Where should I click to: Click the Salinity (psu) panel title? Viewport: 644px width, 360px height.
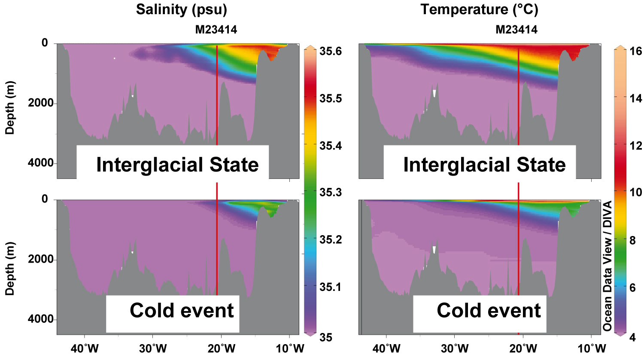pos(181,9)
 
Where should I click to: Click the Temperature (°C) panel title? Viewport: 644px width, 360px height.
pos(479,9)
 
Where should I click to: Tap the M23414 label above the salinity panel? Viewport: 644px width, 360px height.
pos(216,29)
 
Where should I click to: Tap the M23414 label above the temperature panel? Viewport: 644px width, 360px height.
pos(516,29)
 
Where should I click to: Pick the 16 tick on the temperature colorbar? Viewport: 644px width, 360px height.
pos(635,51)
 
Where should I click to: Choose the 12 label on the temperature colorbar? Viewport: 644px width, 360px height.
pos(635,146)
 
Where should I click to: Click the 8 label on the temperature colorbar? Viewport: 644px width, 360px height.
pos(632,241)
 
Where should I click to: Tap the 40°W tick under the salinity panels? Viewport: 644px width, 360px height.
pos(85,348)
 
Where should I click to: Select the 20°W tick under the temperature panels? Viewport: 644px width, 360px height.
pos(524,348)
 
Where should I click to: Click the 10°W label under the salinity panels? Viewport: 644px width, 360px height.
pos(290,348)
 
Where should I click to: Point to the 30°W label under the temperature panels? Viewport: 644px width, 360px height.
pos(455,348)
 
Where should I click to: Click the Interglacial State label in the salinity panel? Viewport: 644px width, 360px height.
pos(177,165)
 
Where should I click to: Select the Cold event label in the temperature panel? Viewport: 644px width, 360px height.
pos(489,310)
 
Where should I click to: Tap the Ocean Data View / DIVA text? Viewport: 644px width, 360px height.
pos(607,266)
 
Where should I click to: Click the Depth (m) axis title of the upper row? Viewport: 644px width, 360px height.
pos(10,107)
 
